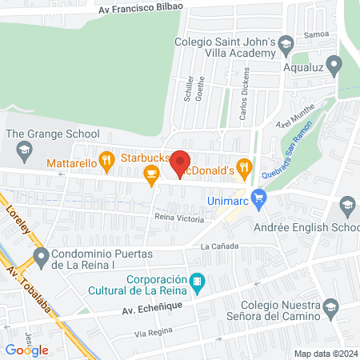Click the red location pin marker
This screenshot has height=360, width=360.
coord(181,163)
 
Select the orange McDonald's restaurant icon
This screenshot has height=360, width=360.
coord(245,167)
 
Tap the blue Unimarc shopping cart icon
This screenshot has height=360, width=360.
coord(258,197)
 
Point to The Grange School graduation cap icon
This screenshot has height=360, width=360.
coord(25,149)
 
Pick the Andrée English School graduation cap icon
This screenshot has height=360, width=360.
coord(347,207)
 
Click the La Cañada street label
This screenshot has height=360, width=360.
coord(217,246)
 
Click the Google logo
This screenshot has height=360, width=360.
coord(26,350)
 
